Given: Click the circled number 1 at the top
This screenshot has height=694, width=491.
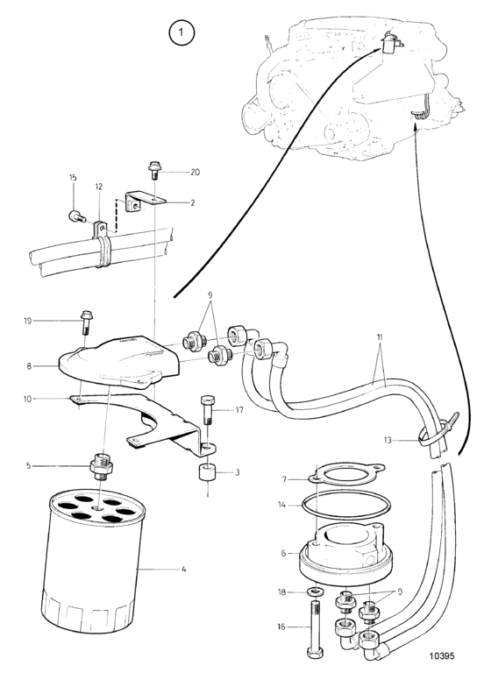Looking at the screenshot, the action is coord(181,32).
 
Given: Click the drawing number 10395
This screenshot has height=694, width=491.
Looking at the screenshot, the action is coord(441,656).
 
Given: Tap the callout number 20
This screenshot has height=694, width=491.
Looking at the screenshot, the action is coord(195,172).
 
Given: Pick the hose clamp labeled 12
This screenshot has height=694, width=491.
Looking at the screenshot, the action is coord(103,244).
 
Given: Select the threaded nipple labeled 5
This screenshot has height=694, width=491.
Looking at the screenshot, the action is coord(102,465).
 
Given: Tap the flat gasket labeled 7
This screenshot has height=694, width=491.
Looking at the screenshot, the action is coord(345,475).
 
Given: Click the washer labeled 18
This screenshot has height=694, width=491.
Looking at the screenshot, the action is coord(315,591).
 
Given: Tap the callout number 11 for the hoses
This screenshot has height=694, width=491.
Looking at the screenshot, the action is coord(380,337).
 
